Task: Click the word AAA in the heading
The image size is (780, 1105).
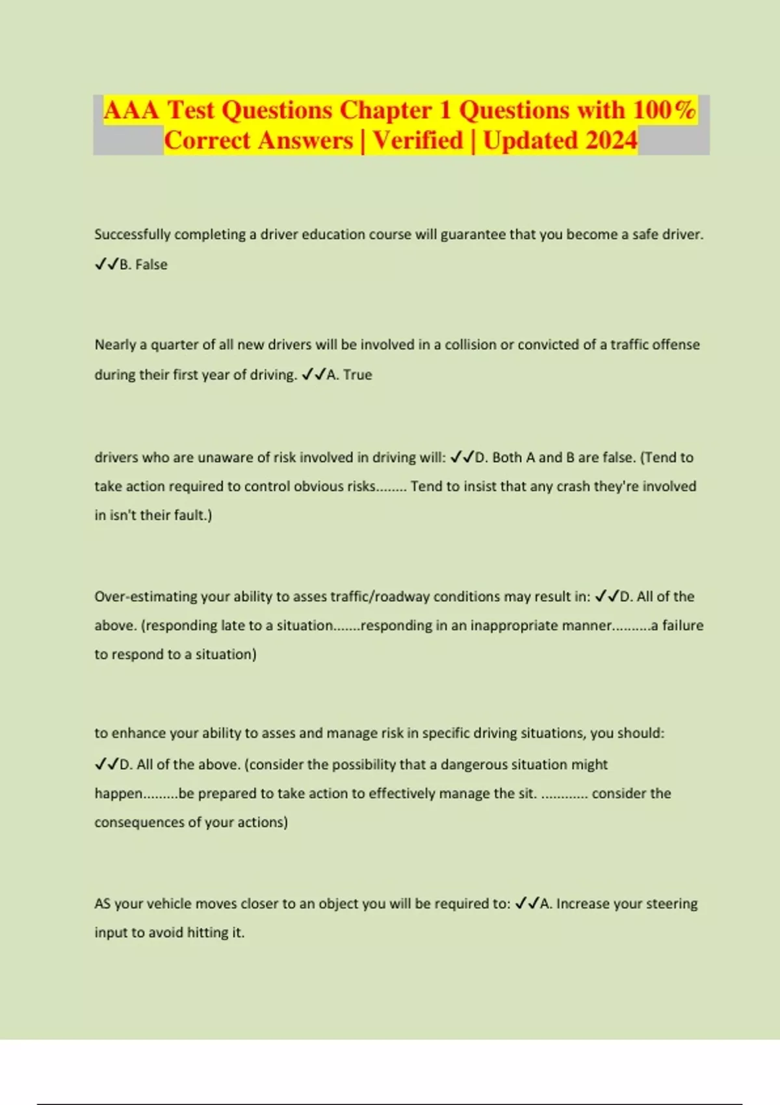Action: (131, 110)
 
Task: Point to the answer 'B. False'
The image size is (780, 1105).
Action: (144, 265)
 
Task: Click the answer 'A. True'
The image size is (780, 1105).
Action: (349, 374)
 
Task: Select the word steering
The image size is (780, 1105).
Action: (672, 903)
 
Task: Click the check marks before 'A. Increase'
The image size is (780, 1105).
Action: (526, 903)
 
